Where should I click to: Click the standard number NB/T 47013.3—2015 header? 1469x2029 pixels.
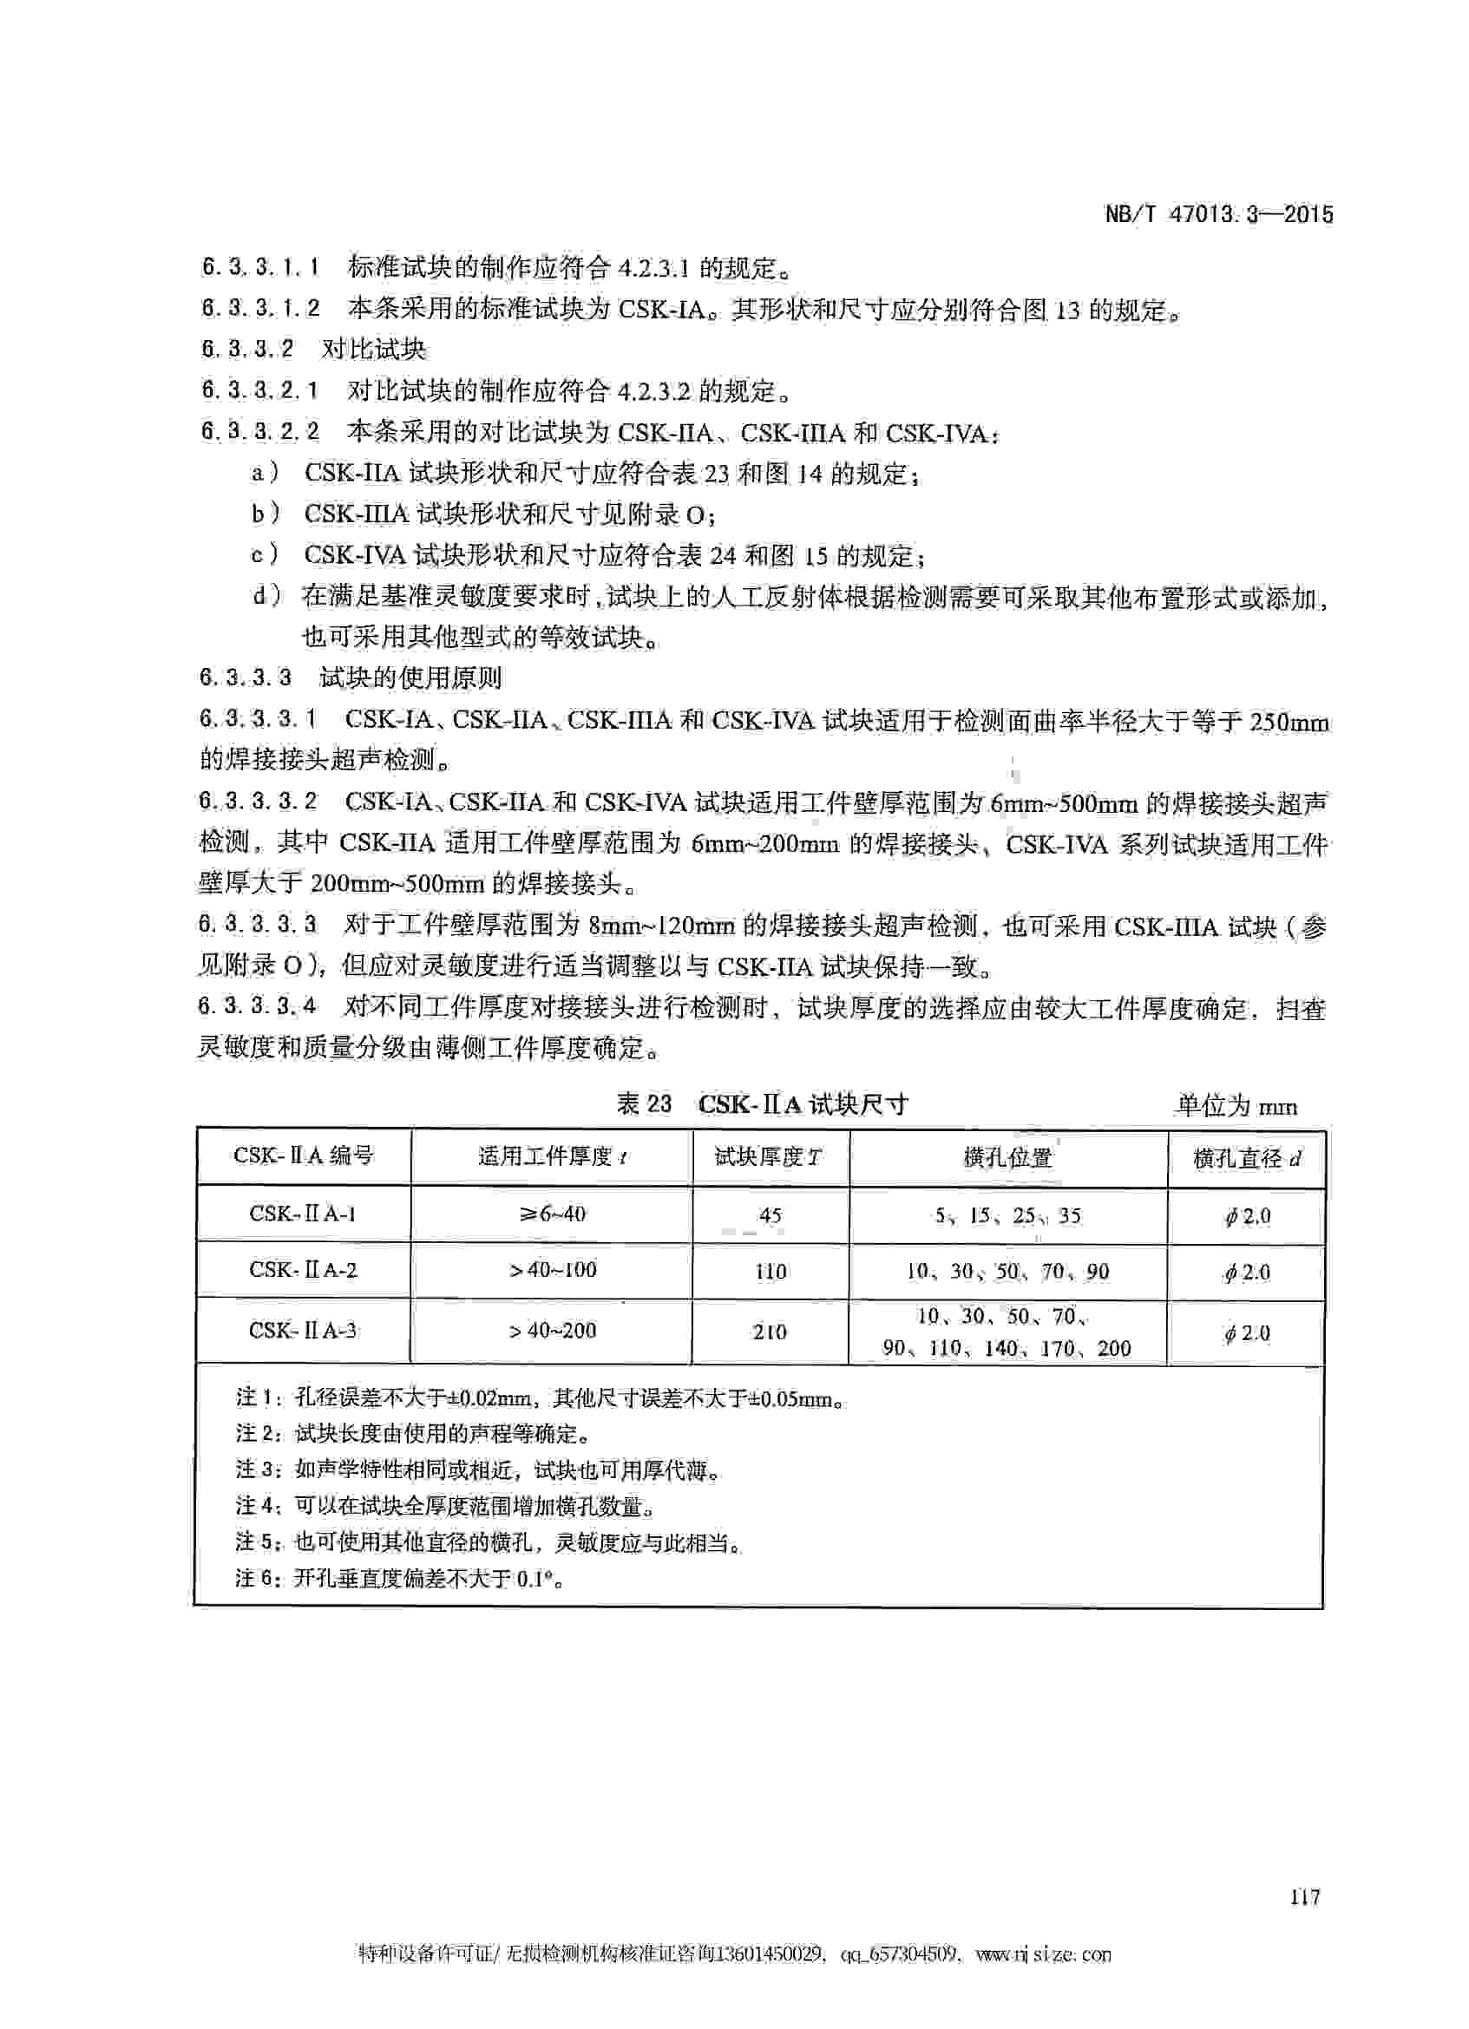click(x=1218, y=215)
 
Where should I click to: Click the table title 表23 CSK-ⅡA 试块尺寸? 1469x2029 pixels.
click(x=762, y=1104)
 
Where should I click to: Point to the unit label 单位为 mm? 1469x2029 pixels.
click(x=1236, y=1107)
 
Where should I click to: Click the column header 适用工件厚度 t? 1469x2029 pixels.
click(x=552, y=1156)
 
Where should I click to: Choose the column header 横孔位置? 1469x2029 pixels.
click(x=1008, y=1158)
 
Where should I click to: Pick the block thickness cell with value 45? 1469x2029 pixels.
click(x=770, y=1215)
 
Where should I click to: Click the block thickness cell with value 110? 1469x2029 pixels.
click(x=770, y=1271)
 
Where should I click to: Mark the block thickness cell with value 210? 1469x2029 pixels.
click(x=770, y=1332)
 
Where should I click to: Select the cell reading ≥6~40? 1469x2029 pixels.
click(x=552, y=1214)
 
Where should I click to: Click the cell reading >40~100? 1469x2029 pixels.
click(x=552, y=1270)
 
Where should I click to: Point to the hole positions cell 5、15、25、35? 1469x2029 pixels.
click(x=1008, y=1215)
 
